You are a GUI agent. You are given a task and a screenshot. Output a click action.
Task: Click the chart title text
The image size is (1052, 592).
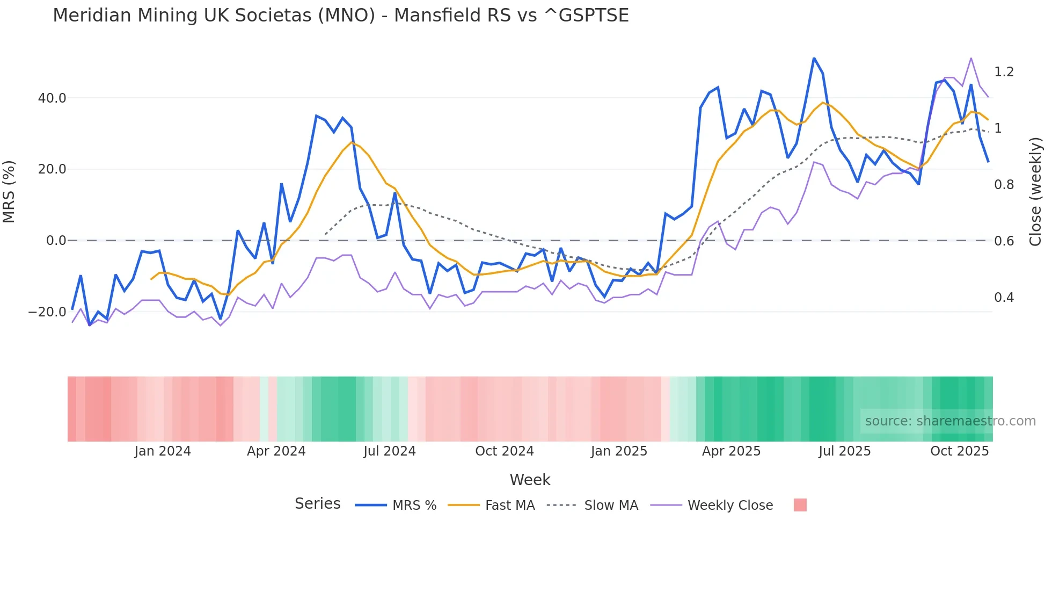point(340,15)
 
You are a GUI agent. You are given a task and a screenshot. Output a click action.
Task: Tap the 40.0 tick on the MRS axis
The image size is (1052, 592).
point(52,98)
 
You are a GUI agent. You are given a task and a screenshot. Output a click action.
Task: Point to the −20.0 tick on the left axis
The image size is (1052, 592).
point(47,312)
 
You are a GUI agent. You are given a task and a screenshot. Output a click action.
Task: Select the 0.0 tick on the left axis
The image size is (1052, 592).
point(56,241)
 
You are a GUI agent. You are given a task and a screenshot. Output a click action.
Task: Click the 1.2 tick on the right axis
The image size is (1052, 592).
point(1004,72)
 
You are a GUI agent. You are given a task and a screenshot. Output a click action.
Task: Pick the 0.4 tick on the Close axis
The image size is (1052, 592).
point(1004,298)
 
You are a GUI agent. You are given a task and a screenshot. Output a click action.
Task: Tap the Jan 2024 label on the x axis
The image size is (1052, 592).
point(163,451)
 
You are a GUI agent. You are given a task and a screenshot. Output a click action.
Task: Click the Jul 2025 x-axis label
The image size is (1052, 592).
point(844,451)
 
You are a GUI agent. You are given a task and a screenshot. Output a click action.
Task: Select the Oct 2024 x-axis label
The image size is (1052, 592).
point(505,451)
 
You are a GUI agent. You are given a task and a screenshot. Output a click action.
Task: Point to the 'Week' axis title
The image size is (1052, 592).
point(530,480)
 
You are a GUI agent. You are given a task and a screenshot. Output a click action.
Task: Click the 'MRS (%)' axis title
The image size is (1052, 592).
point(9,191)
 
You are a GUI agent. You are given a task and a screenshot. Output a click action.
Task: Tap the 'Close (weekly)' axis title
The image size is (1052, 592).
point(1035,192)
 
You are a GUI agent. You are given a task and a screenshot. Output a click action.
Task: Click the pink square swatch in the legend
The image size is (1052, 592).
point(800,505)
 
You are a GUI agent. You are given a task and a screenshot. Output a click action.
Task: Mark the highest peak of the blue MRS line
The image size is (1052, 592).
point(814,58)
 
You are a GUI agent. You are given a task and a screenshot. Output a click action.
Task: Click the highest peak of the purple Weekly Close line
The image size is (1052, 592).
point(971,58)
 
